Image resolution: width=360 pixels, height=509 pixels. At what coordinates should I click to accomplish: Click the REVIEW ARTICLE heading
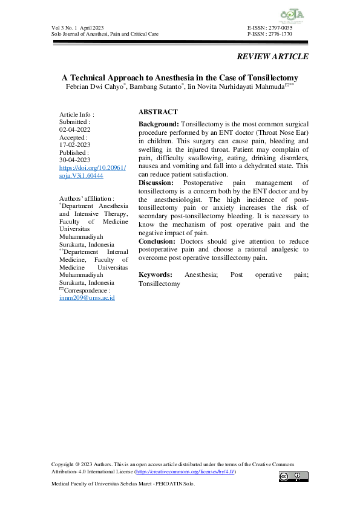click(272, 57)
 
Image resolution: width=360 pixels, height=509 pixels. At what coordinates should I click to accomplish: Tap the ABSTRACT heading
click(158, 112)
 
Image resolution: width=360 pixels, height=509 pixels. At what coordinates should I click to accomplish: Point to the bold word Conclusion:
click(157, 242)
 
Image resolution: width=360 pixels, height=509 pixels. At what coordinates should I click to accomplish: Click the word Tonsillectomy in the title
click(267, 78)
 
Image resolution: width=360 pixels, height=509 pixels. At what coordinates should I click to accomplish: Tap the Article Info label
click(77, 114)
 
